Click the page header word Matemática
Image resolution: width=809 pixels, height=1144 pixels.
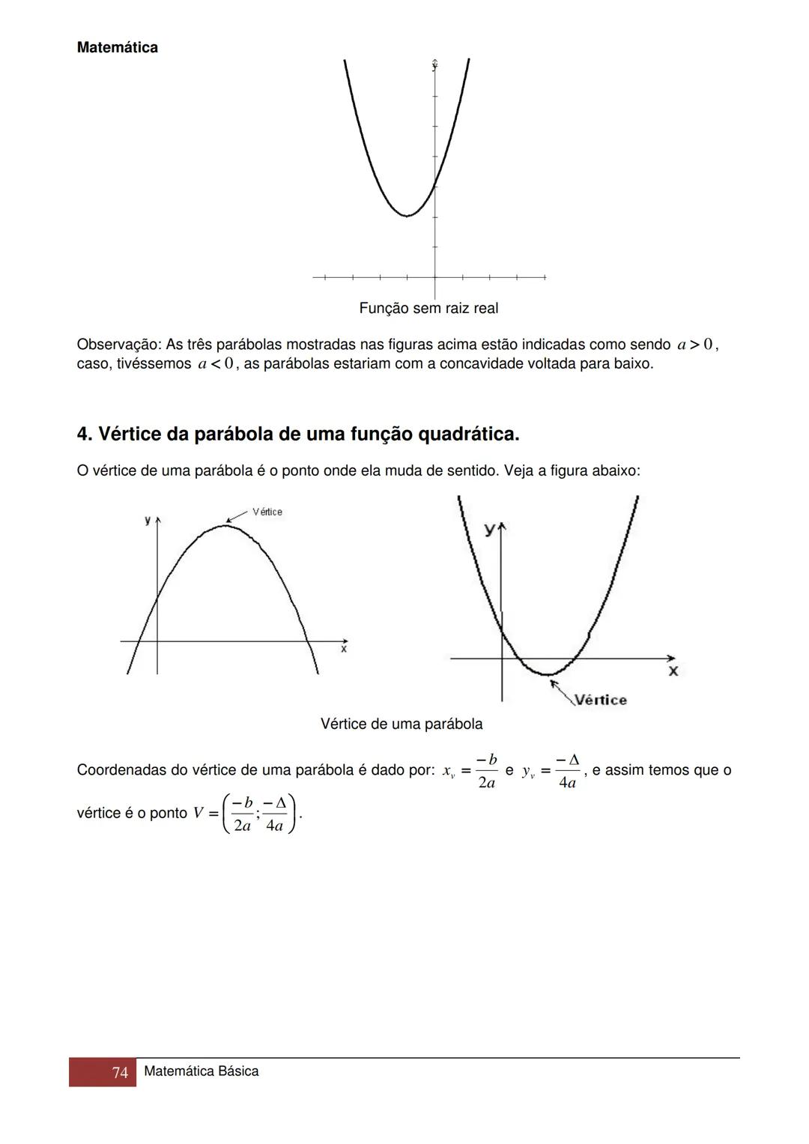tap(117, 48)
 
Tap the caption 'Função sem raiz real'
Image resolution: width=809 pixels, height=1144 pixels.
tap(428, 308)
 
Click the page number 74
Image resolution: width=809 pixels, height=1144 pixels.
tap(120, 1073)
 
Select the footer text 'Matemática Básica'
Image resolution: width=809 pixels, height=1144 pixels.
tap(201, 1071)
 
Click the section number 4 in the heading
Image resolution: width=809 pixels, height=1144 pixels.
tap(82, 435)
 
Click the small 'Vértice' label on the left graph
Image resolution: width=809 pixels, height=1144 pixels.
tap(267, 512)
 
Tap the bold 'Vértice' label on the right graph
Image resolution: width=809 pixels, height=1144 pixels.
tap(600, 700)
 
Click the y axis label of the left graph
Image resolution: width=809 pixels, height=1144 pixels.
tap(148, 519)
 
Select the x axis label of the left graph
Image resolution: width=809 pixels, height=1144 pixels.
tap(344, 650)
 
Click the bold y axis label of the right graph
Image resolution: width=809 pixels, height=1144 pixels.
tap(489, 530)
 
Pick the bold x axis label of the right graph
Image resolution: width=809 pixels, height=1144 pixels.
tap(673, 671)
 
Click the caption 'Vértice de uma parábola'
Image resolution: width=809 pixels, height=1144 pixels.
tap(402, 724)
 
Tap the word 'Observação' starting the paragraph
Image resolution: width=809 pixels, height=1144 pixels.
tap(117, 345)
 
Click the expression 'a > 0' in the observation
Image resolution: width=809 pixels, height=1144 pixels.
tap(696, 345)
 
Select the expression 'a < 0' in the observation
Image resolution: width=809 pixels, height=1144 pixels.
tap(216, 364)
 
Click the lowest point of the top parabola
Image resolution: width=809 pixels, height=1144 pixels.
tap(407, 216)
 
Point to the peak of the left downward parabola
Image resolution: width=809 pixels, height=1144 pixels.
tap(225, 525)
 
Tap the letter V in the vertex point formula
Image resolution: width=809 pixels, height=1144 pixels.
tap(198, 813)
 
